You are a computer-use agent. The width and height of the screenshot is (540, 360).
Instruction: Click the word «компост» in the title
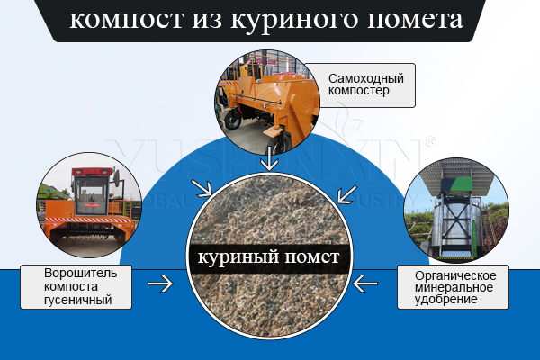[x=126, y=20]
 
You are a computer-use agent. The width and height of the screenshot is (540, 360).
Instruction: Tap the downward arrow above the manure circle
[x=269, y=158]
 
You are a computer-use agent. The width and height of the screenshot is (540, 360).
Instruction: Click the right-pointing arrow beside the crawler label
[x=160, y=283]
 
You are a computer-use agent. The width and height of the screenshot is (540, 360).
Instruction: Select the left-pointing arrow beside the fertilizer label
[x=365, y=283]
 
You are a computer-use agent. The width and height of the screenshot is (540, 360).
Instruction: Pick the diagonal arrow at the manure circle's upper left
[x=202, y=188]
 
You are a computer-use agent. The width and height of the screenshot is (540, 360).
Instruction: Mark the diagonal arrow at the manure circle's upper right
[x=347, y=194]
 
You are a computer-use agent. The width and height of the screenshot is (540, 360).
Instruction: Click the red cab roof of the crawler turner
[x=92, y=171]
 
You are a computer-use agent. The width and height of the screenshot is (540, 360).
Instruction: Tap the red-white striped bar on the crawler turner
[x=88, y=220]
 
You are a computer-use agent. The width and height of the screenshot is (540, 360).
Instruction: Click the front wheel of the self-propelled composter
[x=232, y=121]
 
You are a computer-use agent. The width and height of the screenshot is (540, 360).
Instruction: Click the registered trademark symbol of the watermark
[x=430, y=141]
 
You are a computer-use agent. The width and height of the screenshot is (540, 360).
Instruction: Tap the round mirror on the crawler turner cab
[x=118, y=177]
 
